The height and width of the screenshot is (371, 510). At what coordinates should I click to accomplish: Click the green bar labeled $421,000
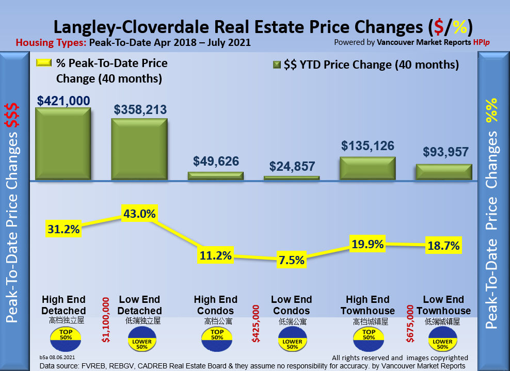coord(63,144)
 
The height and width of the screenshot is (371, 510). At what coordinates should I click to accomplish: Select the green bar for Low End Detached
coord(139,150)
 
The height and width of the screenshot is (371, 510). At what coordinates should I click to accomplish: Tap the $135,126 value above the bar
coord(368,146)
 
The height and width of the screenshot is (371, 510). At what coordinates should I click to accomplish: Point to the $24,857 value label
coord(292,166)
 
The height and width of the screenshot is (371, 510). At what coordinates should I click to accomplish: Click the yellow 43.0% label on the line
coord(139,213)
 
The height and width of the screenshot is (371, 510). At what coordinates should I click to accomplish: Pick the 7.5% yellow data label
coord(291,260)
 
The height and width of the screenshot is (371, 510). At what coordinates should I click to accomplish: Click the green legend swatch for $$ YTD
coord(276,65)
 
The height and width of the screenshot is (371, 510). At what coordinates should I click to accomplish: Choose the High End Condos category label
coord(215,305)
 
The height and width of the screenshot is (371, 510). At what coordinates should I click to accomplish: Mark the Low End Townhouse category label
coord(444,305)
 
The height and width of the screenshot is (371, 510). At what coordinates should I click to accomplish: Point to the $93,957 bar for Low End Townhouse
coord(444,172)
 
